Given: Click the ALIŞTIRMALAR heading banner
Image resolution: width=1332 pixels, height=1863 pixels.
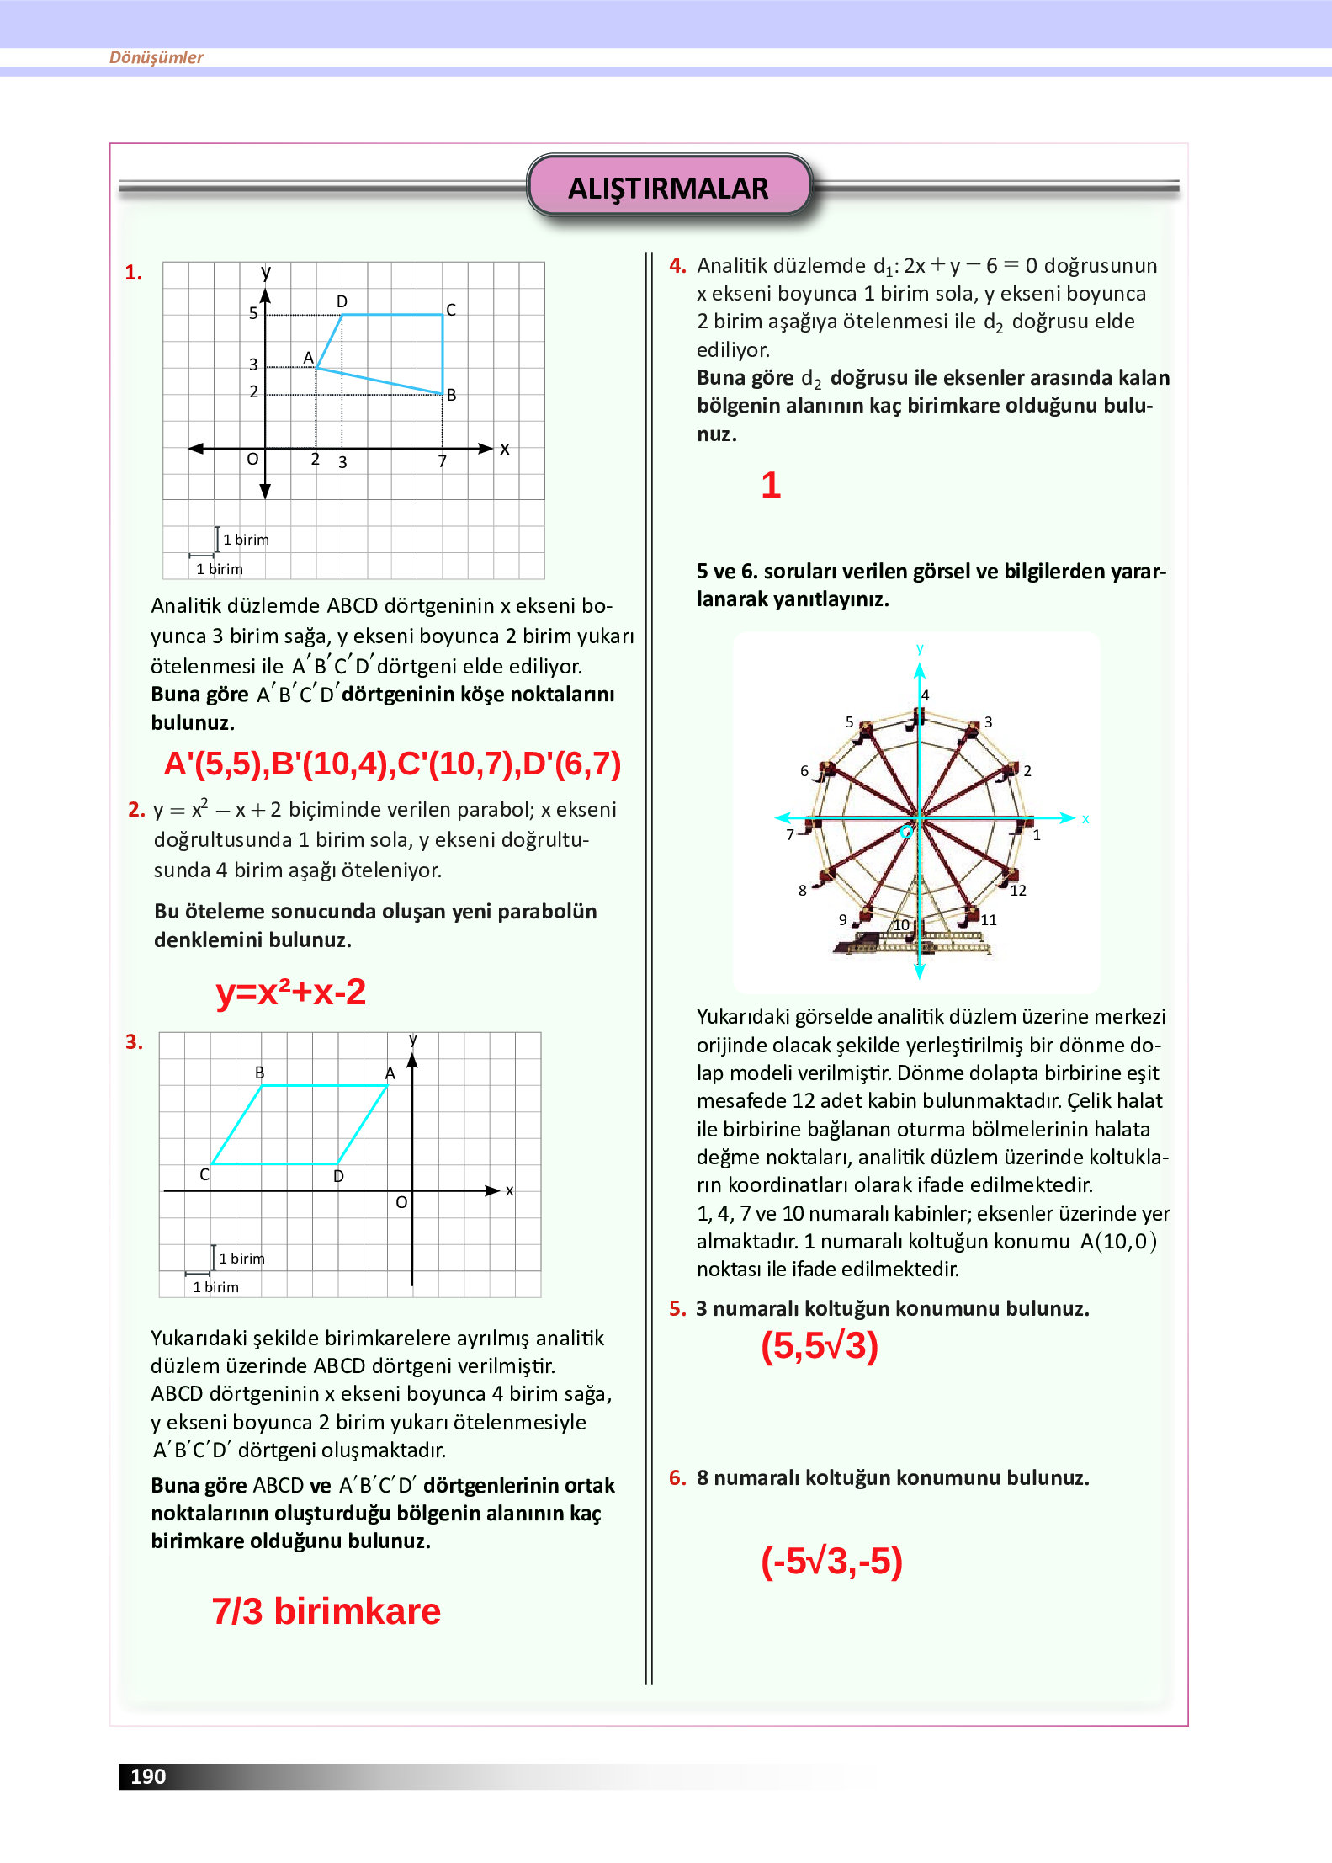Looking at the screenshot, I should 668,187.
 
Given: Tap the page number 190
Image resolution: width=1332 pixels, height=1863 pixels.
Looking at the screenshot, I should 148,1776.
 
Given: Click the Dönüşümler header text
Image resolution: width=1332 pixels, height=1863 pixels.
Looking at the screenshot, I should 157,57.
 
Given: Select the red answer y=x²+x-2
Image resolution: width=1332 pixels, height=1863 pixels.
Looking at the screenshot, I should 290,992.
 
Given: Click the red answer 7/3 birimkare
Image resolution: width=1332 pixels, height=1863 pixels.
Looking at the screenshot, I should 326,1611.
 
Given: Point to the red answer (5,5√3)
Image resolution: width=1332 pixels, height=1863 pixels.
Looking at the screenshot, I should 819,1345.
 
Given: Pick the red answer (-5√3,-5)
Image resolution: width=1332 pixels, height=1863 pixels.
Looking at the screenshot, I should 831,1561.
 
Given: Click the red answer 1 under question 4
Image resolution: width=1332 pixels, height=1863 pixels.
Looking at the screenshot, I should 771,485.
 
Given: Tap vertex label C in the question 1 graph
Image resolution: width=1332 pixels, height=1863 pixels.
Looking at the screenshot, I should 451,310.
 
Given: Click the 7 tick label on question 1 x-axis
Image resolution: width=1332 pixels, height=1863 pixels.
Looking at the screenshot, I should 443,461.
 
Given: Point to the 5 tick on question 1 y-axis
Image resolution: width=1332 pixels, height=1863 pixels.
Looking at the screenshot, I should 253,313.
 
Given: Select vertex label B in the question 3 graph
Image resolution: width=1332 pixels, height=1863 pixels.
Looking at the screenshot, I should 260,1073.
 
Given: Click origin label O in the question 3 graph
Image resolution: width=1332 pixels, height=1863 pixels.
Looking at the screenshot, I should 401,1202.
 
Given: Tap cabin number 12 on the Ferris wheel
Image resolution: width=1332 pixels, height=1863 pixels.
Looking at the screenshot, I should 1018,891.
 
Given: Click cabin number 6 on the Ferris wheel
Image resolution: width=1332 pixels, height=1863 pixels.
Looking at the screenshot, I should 804,770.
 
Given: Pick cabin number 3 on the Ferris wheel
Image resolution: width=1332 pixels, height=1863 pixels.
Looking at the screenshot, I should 989,722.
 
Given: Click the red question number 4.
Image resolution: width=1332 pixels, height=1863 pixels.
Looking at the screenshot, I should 677,266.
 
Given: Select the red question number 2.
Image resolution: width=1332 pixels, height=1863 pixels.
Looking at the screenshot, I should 135,810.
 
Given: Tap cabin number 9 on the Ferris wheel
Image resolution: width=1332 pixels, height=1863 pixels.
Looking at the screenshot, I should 842,919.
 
